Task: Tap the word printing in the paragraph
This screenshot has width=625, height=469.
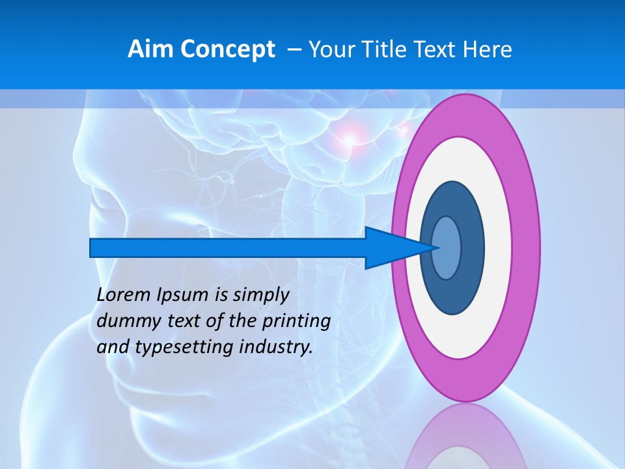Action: [x=296, y=322]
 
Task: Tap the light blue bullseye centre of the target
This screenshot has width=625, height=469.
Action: [x=447, y=248]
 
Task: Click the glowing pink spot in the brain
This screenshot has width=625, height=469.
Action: [x=350, y=137]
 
